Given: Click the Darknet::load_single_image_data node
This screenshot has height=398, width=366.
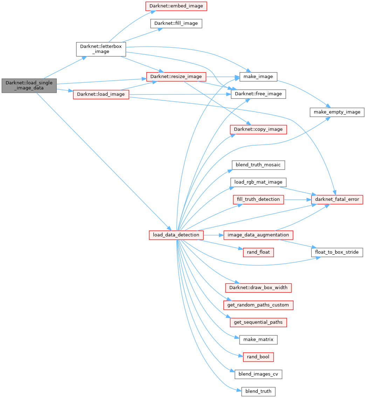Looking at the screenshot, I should [x=29, y=85].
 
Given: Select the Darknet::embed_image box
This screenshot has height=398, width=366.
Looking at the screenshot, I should [x=177, y=6].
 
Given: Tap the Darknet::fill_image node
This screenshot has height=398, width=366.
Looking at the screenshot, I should [x=176, y=23].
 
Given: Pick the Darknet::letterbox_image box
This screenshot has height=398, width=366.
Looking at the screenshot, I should [x=101, y=49].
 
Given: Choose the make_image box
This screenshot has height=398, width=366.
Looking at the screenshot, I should [x=258, y=77].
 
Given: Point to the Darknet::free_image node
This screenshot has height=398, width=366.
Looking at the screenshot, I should [x=258, y=94].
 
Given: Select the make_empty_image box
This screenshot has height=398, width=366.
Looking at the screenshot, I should [x=337, y=112].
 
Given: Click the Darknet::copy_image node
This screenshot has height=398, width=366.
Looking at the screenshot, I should [x=258, y=129].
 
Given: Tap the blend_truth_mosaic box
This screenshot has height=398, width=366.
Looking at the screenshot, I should [x=258, y=165].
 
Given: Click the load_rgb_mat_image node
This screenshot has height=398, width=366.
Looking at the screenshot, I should [x=258, y=182].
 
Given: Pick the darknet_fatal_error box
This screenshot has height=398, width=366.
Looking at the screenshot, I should [x=337, y=200].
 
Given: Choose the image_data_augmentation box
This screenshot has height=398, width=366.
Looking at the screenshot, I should [x=258, y=235].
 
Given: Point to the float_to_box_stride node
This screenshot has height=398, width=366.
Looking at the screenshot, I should [x=337, y=252].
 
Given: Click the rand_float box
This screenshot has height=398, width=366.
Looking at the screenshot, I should [x=258, y=252].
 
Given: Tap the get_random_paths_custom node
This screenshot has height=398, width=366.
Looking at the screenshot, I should [x=258, y=305].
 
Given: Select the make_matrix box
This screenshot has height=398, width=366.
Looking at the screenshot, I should [x=258, y=339].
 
